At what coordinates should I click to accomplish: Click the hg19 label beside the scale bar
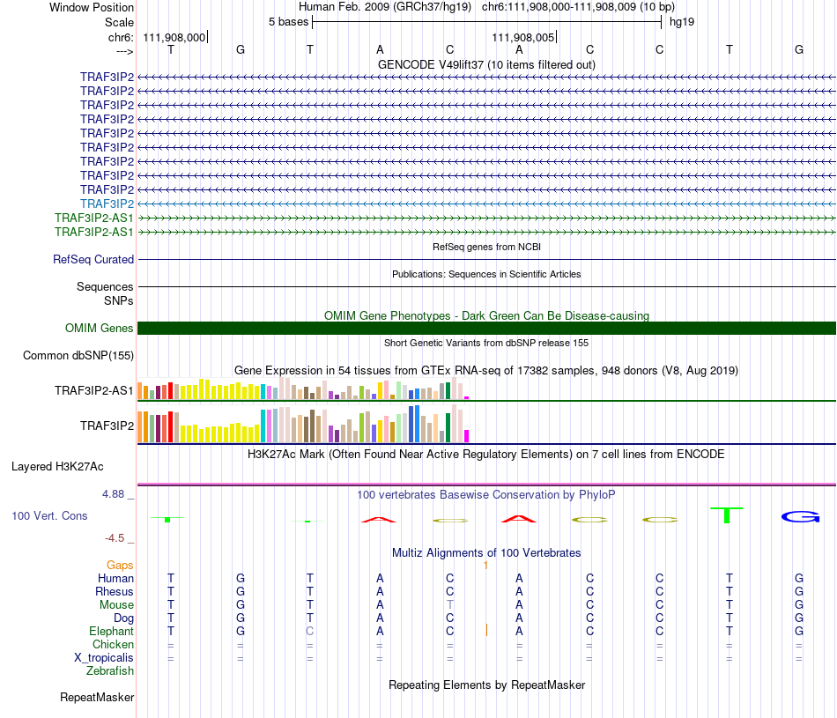682,21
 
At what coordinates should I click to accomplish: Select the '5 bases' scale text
288,21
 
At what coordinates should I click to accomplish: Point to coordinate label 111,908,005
523,37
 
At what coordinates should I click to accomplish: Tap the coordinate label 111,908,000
174,37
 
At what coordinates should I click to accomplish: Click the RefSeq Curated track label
93,260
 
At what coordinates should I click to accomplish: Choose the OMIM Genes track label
100,329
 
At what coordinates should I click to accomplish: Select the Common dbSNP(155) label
78,356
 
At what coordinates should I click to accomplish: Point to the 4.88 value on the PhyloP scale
114,494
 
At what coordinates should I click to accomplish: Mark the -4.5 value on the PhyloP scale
115,537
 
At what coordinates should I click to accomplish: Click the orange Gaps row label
120,565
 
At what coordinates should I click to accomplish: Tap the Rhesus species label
115,591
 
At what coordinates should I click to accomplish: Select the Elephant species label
111,631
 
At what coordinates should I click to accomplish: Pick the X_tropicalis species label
104,657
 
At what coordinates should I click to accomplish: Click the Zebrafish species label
110,670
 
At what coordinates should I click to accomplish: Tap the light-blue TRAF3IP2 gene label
107,204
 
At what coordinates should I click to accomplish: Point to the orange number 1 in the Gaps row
485,565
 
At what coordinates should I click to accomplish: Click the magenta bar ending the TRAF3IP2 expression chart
467,435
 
